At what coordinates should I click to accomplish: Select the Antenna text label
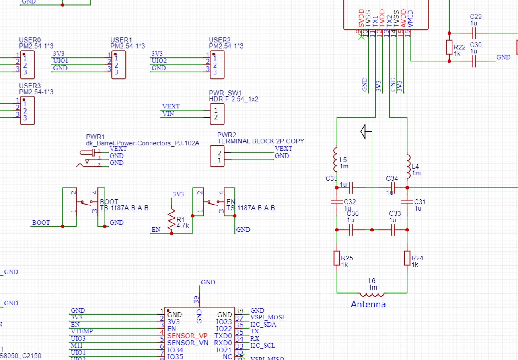[368, 304]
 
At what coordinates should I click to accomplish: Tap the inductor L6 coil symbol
[372, 293]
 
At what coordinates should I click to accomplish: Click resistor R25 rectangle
[337, 258]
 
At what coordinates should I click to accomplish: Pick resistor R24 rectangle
[407, 258]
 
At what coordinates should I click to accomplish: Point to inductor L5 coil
[336, 159]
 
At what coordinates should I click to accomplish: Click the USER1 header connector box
[119, 65]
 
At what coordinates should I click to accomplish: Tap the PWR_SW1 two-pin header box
[217, 114]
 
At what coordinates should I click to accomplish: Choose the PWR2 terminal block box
[217, 156]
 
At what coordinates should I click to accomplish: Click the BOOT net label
[41, 222]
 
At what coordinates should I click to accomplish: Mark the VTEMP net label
[82, 331]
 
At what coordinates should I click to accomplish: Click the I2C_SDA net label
[263, 324]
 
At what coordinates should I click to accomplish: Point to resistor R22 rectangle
[449, 47]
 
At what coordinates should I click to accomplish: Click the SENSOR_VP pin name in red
[187, 335]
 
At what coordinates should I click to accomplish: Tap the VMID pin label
[410, 19]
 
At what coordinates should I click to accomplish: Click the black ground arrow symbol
[365, 131]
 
